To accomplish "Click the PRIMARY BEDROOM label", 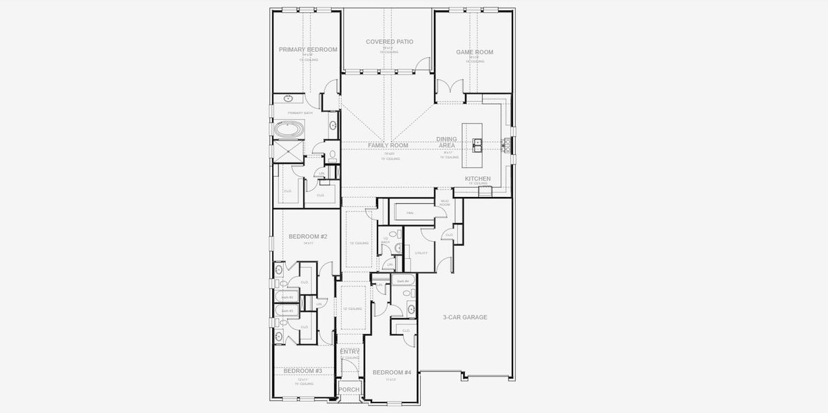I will click(x=308, y=50).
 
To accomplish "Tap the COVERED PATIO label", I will click(x=389, y=42).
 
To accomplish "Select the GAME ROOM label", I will click(x=474, y=52).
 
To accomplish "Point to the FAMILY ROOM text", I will click(x=388, y=146).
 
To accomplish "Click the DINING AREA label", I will click(x=446, y=142).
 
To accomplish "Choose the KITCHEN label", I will click(x=477, y=179).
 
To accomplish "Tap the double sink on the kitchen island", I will click(x=477, y=145).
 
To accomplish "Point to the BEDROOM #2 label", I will click(x=307, y=237).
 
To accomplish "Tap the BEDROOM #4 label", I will click(x=391, y=372).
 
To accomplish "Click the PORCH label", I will click(x=349, y=390).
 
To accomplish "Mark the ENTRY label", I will click(x=350, y=352).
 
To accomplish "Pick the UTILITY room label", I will click(x=421, y=253).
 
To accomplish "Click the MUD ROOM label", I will click(x=445, y=203).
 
